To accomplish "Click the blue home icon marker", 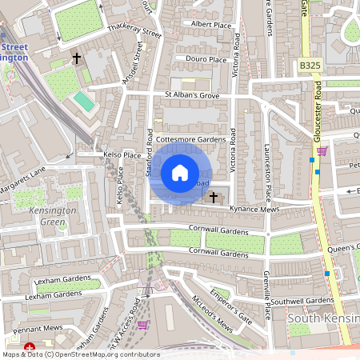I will pyautogui.click(x=180, y=173).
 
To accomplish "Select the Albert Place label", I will pyautogui.click(x=211, y=25).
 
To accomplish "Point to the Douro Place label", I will pyautogui.click(x=206, y=59).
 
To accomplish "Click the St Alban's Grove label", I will pyautogui.click(x=192, y=95).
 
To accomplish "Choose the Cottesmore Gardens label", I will pyautogui.click(x=191, y=139).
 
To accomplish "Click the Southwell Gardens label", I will pyautogui.click(x=302, y=301).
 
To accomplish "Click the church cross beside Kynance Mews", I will pyautogui.click(x=214, y=196).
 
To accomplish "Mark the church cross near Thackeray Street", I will pyautogui.click(x=78, y=58).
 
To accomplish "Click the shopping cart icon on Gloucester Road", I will pyautogui.click(x=322, y=150).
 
